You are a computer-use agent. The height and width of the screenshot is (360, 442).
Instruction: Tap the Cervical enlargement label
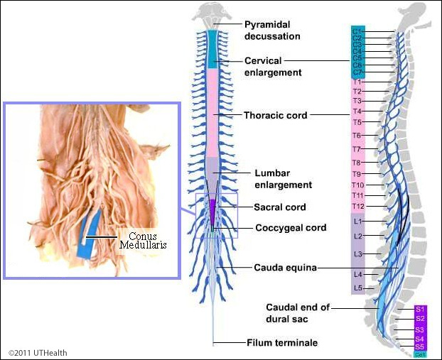274,66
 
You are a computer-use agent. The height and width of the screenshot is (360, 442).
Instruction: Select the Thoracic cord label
275,115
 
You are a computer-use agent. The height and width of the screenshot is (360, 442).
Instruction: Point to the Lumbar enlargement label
283,179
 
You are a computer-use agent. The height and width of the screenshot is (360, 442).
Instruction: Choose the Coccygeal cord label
291,228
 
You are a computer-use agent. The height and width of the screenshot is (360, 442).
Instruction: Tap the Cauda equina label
285,268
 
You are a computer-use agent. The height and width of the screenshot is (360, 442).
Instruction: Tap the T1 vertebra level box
357,82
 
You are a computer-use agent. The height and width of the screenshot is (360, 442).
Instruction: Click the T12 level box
357,206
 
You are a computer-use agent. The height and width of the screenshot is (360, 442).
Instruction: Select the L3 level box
357,253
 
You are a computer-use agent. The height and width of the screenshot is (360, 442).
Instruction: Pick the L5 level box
357,288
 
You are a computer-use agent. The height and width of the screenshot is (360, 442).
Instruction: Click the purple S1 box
420,310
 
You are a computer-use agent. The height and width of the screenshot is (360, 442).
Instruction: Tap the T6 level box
357,135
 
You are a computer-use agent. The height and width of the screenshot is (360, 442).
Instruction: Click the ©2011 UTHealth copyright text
38,352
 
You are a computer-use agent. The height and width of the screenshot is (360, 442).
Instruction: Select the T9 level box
357,174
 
